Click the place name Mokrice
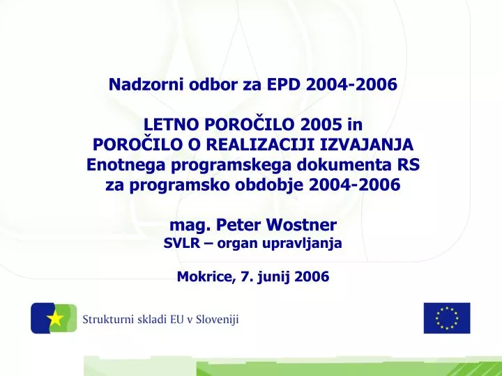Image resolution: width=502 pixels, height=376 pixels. tap(206, 276)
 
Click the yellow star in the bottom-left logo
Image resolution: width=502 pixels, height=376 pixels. tap(56, 319)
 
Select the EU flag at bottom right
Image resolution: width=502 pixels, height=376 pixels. tap(447, 318)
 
